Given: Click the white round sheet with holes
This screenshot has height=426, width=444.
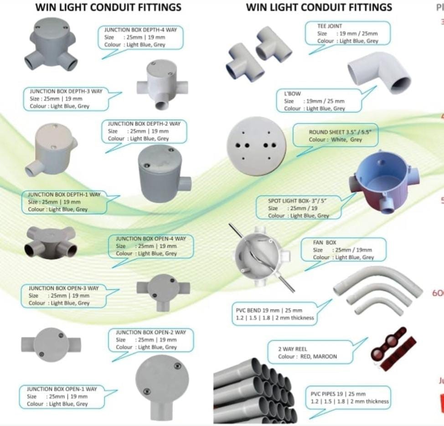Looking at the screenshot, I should [x=257, y=146].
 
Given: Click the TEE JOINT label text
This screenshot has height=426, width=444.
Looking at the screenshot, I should [x=330, y=26].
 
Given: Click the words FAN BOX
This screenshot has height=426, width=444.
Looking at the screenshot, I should [x=325, y=242].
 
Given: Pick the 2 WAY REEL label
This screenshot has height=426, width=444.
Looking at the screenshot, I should [x=293, y=349].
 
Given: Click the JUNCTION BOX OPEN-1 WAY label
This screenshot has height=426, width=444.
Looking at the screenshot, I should [x=62, y=389].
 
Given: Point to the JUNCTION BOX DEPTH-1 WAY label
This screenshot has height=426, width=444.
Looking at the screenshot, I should [x=64, y=195].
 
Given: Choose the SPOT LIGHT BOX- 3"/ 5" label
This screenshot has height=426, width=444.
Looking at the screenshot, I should [x=298, y=200].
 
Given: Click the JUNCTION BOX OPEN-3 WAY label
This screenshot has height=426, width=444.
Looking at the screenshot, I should [x=63, y=288].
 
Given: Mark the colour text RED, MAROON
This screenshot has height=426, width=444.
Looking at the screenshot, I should [x=319, y=356].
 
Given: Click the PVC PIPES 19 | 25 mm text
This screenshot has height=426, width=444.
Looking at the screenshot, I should [x=338, y=394].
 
